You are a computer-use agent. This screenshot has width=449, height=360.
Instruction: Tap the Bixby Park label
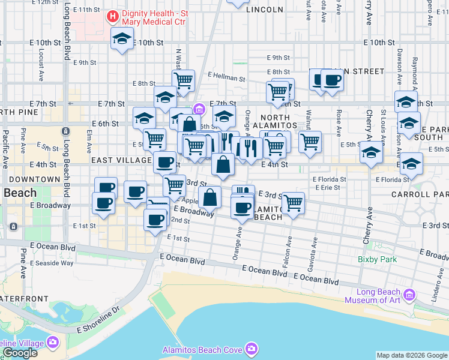point(378,260)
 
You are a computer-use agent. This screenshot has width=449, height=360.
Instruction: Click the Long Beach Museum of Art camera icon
point(410,295)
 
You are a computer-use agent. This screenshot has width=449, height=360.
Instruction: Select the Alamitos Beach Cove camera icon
point(251,349)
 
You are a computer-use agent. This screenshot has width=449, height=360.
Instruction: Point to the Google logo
point(19,353)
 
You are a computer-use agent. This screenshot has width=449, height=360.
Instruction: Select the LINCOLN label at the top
point(265,10)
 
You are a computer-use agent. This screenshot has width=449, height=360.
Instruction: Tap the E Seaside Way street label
point(54,263)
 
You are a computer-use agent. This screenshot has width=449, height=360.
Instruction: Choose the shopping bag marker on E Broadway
point(210,197)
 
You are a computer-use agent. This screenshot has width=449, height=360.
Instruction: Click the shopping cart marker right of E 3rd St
point(292,203)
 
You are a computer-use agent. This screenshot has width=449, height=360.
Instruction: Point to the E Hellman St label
point(226,78)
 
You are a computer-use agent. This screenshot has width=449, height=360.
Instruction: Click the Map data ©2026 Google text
point(411,355)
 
